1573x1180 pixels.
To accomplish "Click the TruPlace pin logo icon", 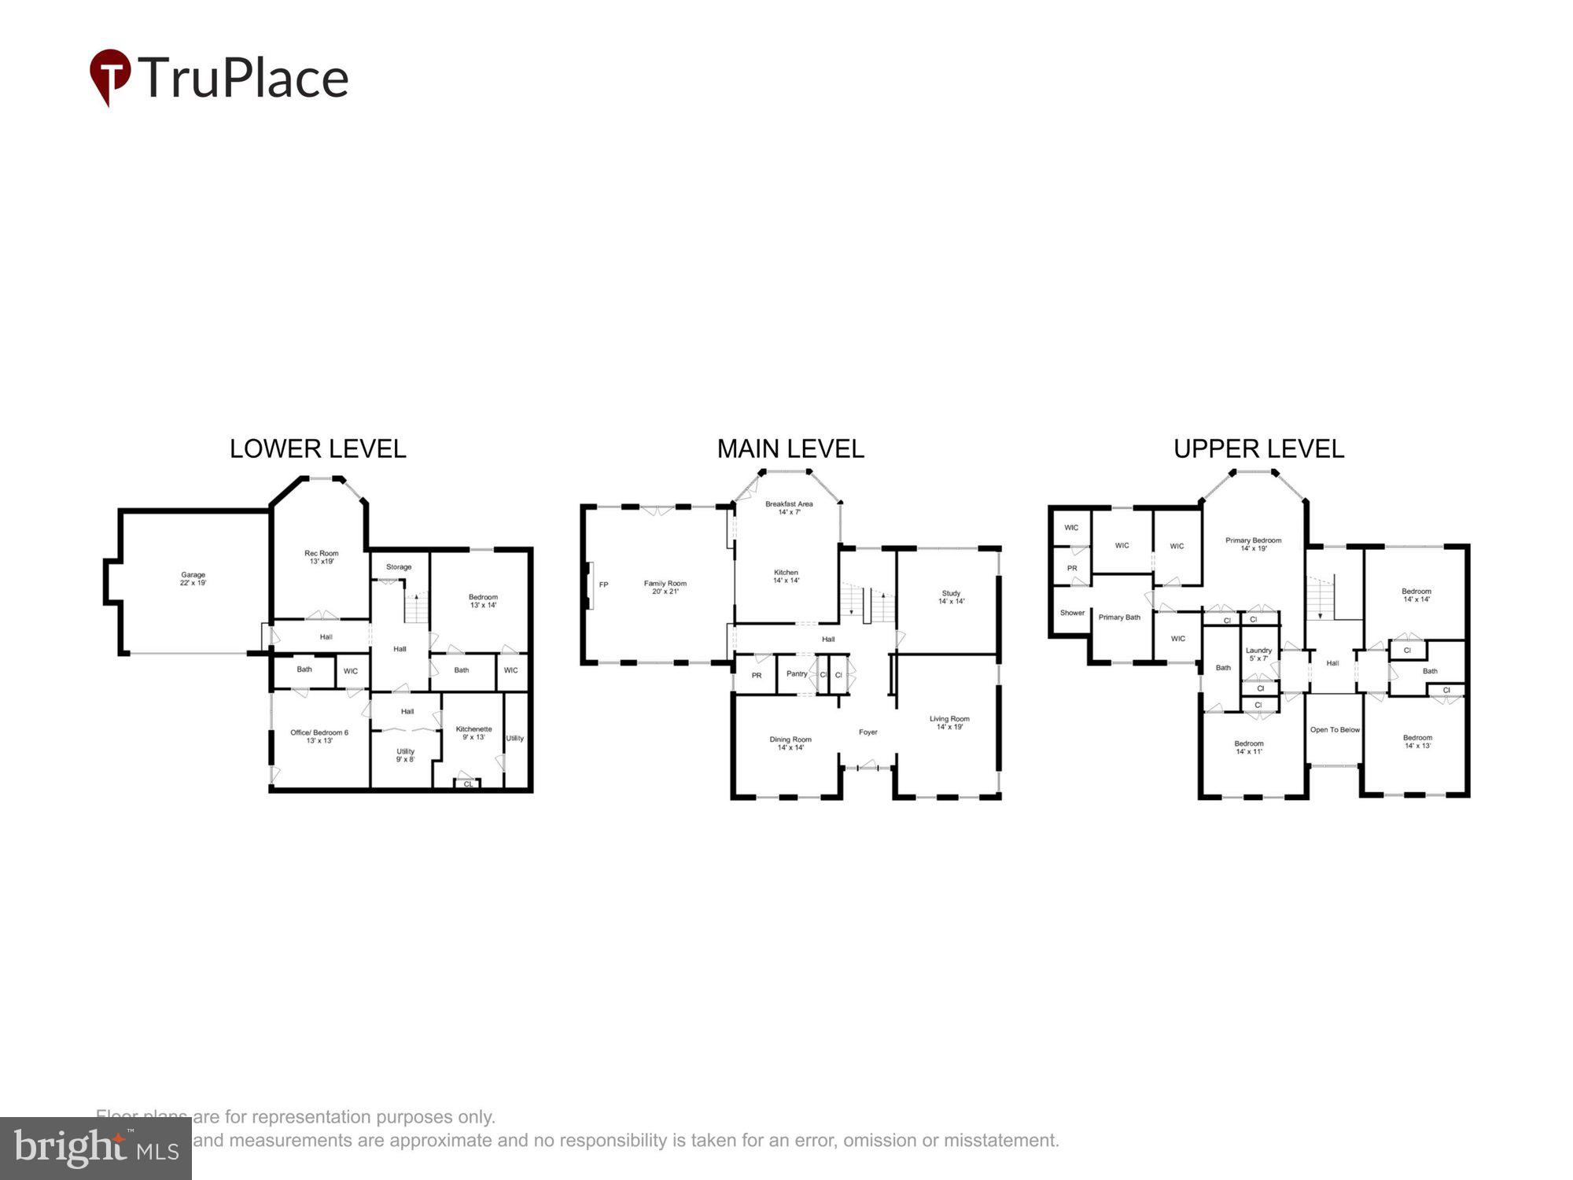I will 110,76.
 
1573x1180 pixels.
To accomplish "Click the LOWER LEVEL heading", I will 318,448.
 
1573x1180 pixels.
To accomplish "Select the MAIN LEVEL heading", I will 790,448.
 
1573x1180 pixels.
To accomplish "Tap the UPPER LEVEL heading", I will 1258,448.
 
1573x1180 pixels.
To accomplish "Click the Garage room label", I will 193,579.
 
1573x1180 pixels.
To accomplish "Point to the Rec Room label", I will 321,557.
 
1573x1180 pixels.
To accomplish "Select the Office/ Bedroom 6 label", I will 319,736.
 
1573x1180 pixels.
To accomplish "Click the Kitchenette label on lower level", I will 473,733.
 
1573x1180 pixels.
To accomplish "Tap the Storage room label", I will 399,566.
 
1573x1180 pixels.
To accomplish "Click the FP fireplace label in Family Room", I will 603,584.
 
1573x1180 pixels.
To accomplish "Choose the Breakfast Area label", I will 789,507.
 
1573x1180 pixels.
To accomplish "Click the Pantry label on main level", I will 797,673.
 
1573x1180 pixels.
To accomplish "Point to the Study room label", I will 951,597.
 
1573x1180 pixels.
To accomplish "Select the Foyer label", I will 868,732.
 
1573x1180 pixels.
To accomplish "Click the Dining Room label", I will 790,743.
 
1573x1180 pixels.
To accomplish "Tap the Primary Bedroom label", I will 1253,544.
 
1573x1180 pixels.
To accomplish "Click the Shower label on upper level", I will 1072,613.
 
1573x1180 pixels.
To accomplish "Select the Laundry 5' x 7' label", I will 1258,654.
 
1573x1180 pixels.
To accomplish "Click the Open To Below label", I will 1335,730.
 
